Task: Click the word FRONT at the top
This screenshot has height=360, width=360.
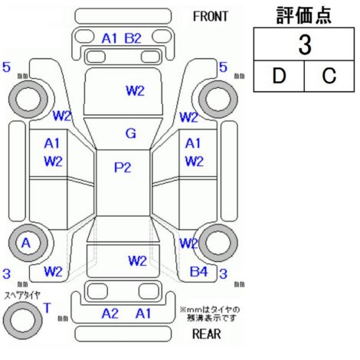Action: point(211,17)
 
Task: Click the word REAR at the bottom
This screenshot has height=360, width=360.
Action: point(207,333)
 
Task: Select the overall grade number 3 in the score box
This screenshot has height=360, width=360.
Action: point(305,45)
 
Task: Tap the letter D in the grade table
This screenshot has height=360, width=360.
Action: point(279,76)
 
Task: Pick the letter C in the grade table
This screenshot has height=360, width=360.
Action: point(329,76)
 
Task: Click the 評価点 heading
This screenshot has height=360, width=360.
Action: point(304,15)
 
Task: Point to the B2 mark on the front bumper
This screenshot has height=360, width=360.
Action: point(133,38)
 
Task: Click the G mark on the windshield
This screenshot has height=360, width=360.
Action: point(131,133)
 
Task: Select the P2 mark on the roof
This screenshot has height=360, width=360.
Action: point(123,168)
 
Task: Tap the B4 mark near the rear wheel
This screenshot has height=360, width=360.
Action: point(199,272)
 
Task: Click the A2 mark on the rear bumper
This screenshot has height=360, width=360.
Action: point(110,313)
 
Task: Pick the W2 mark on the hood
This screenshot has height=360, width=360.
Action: point(135,90)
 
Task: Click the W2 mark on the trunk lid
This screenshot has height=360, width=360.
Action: point(137,261)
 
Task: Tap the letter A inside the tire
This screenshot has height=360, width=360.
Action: point(26,243)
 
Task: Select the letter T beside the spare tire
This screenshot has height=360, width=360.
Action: point(47,308)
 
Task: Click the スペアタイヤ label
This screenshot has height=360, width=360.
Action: point(22,296)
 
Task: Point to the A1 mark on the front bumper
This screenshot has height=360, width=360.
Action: point(110,38)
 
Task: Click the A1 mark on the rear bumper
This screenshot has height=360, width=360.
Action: point(143,313)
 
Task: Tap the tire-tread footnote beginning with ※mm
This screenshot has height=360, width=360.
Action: point(211,314)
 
